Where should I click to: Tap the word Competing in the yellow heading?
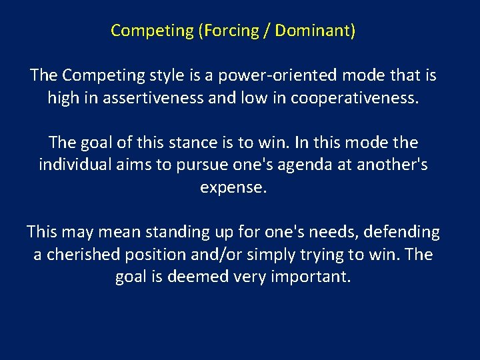151,31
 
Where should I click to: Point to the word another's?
393,165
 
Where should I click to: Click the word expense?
233,187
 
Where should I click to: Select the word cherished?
81,255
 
